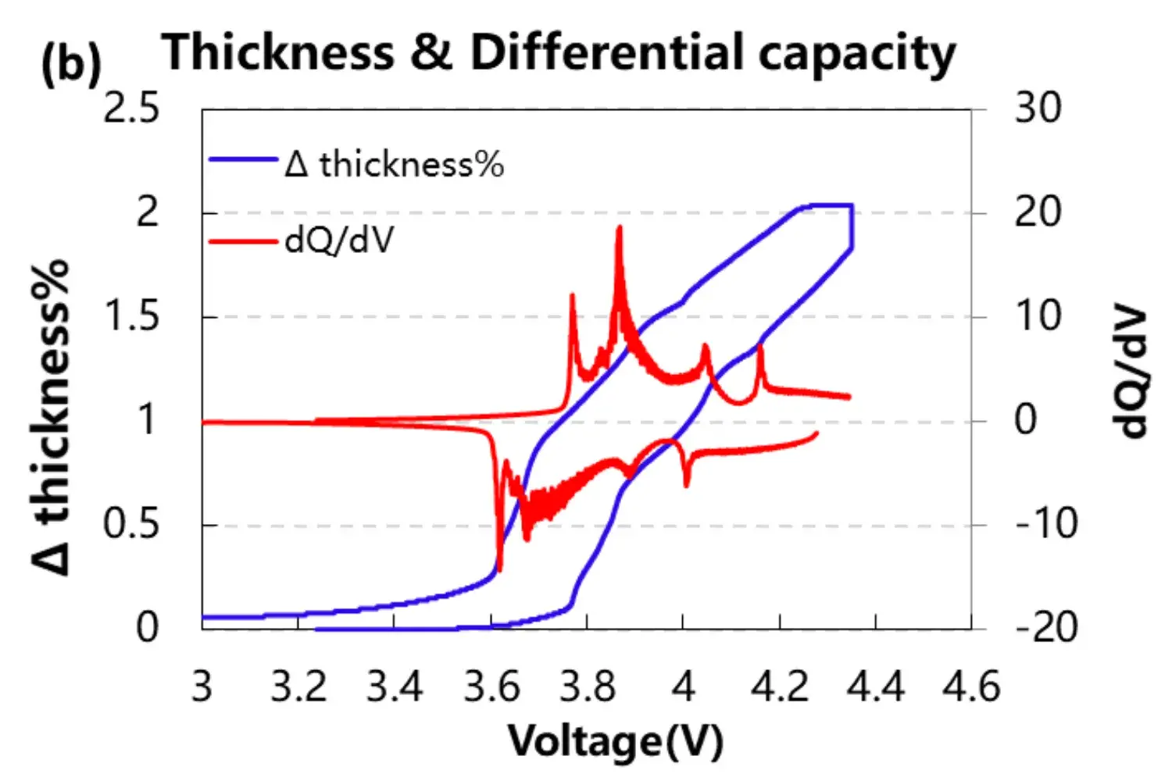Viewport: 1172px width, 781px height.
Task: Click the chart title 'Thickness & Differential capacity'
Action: [x=559, y=53]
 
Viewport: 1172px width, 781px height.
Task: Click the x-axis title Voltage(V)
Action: [x=616, y=741]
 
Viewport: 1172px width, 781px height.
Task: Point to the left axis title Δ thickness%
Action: [x=51, y=418]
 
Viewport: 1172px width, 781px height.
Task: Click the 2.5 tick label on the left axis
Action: [x=131, y=109]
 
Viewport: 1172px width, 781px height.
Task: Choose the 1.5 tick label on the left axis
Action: [x=131, y=316]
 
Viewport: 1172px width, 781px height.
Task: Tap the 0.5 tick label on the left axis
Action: [x=131, y=524]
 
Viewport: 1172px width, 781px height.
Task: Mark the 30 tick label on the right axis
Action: [x=1038, y=108]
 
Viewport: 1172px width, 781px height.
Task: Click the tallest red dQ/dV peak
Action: [x=620, y=227]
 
